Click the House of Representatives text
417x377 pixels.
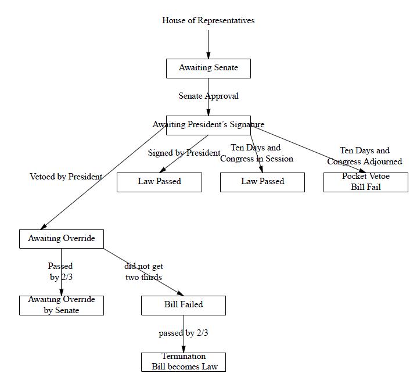(208, 20)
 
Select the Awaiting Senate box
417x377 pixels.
(208, 68)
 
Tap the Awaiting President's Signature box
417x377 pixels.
(208, 125)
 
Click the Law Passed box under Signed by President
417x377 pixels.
(159, 182)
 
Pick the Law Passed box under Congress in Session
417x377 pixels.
(262, 182)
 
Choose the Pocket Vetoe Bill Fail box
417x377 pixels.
(365, 182)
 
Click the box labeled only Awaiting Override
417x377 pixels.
(61, 239)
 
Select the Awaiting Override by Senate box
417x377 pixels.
(61, 305)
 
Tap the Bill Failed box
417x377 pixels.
(183, 305)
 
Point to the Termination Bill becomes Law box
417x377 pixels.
(183, 362)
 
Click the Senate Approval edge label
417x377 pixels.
(208, 96)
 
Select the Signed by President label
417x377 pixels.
(184, 153)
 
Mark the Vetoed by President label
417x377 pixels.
(66, 177)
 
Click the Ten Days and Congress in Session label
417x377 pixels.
(256, 153)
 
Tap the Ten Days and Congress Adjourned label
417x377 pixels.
(364, 156)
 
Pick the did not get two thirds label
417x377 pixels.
(143, 272)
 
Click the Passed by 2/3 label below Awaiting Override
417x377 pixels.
(60, 272)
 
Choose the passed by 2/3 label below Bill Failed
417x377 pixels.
(183, 333)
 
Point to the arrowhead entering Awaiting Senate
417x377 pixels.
(208, 55)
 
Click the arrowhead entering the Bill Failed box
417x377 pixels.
(179, 294)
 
